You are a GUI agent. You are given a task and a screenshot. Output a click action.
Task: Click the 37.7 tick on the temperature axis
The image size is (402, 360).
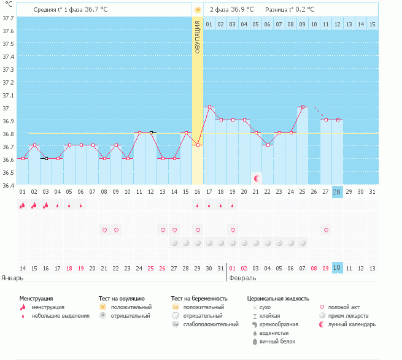[8, 17]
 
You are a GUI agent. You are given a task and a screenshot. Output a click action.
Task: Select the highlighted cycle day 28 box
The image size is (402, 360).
[337, 192]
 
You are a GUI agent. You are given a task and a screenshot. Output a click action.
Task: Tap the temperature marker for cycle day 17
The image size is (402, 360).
[209, 107]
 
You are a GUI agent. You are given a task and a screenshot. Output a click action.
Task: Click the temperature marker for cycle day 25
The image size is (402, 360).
[303, 107]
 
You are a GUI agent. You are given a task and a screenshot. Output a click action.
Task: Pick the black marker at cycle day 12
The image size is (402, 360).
[151, 132]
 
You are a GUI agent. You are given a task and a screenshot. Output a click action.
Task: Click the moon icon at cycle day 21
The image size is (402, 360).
[257, 178]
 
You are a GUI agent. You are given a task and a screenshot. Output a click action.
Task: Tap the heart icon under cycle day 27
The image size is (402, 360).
[326, 230]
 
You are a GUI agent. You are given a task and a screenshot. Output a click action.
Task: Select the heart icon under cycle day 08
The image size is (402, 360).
[104, 230]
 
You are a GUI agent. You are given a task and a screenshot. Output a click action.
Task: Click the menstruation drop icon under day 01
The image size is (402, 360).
[23, 205]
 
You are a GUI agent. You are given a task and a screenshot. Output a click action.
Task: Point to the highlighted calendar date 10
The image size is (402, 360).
[337, 268]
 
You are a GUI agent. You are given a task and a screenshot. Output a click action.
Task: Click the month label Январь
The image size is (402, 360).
[12, 278]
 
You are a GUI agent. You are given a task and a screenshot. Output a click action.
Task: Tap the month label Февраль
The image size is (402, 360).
[242, 278]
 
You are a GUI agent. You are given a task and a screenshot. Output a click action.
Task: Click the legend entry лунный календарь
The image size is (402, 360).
[352, 324]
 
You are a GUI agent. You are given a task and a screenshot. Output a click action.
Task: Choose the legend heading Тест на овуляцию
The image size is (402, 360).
[122, 298]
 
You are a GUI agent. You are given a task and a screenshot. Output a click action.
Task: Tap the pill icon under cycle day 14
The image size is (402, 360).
[174, 243]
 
